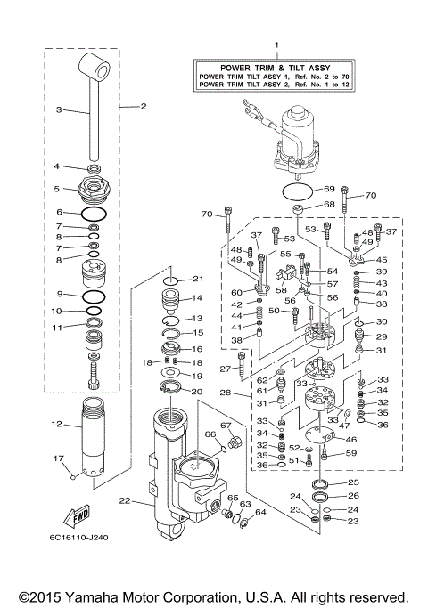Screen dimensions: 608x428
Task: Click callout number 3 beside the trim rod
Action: [x=59, y=110]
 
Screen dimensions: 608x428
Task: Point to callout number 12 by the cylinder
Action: [x=55, y=424]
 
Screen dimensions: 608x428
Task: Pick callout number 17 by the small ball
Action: [x=59, y=459]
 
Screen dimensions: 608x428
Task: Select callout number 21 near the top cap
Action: [x=198, y=280]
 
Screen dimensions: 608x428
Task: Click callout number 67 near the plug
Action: [x=226, y=425]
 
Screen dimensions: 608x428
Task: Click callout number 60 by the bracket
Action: [x=236, y=291]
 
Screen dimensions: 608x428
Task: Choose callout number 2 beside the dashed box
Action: [x=143, y=107]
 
